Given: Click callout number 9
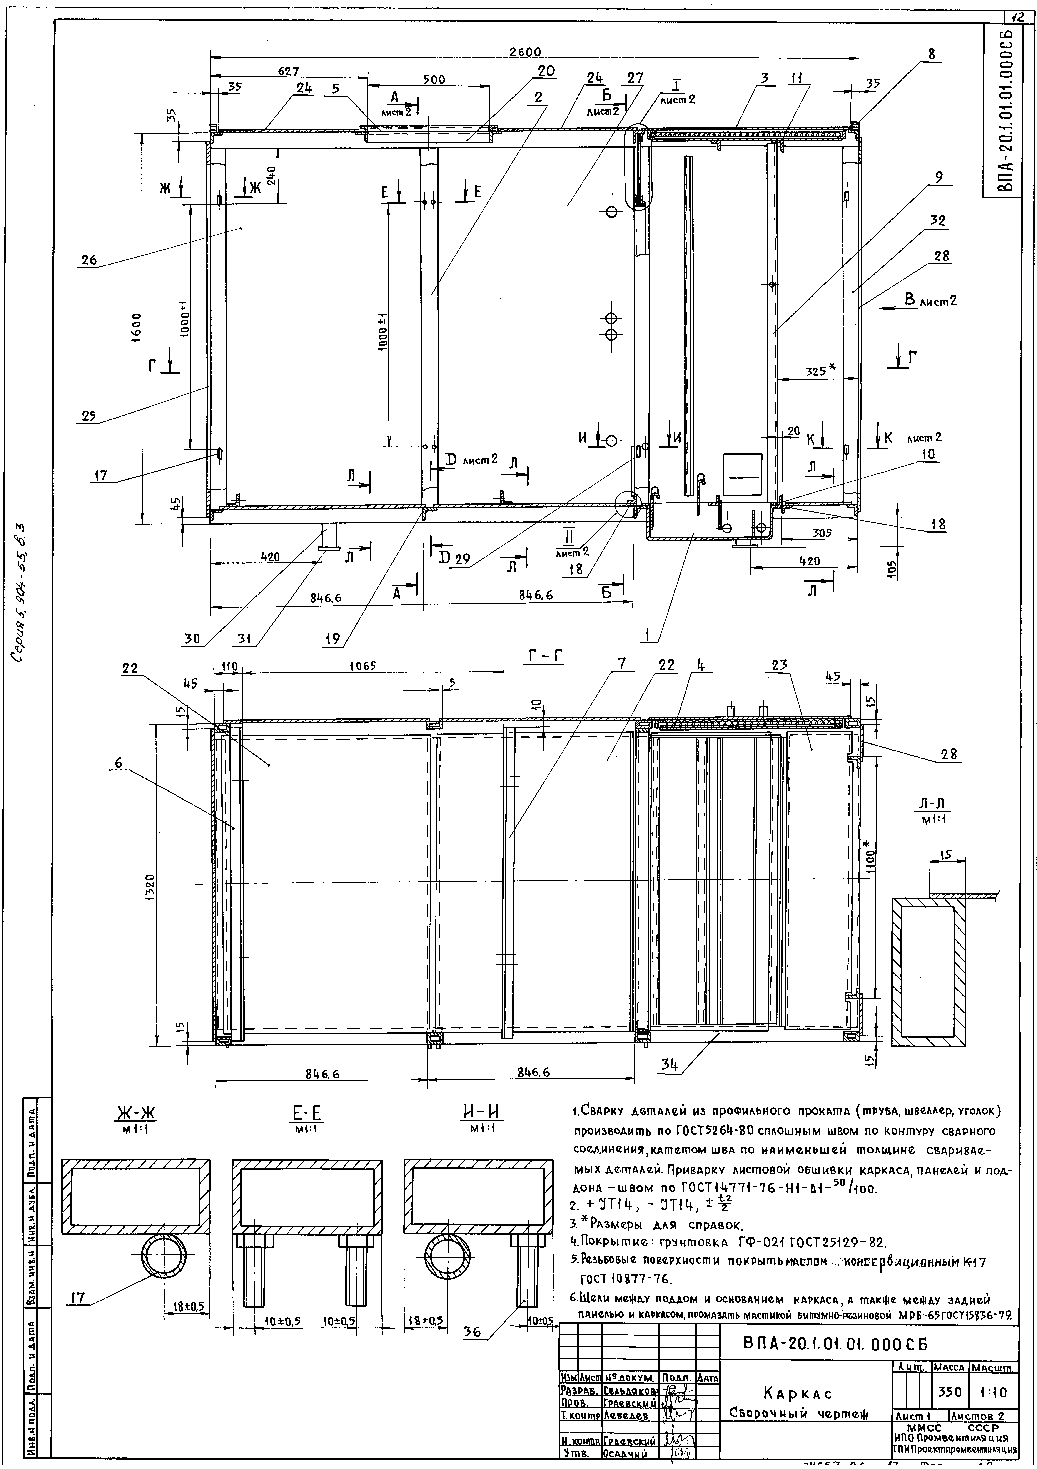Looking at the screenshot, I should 938,179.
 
